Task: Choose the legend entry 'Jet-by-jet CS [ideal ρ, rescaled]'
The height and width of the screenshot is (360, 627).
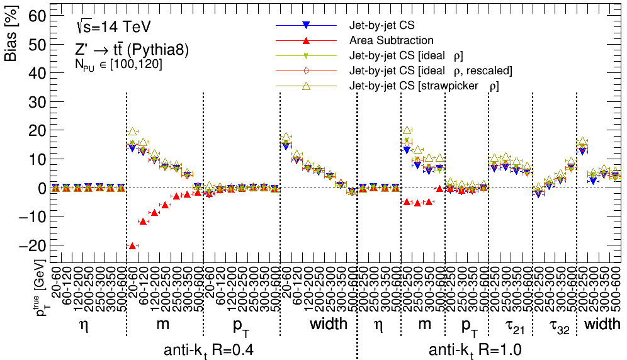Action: pos(431,70)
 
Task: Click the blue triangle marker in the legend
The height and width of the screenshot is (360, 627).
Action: pos(305,25)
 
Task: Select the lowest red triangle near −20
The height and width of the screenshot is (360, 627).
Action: pos(132,245)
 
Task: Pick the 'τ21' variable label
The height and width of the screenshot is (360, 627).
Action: pos(510,325)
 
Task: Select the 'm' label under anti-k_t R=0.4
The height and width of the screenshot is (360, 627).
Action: pos(164,324)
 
